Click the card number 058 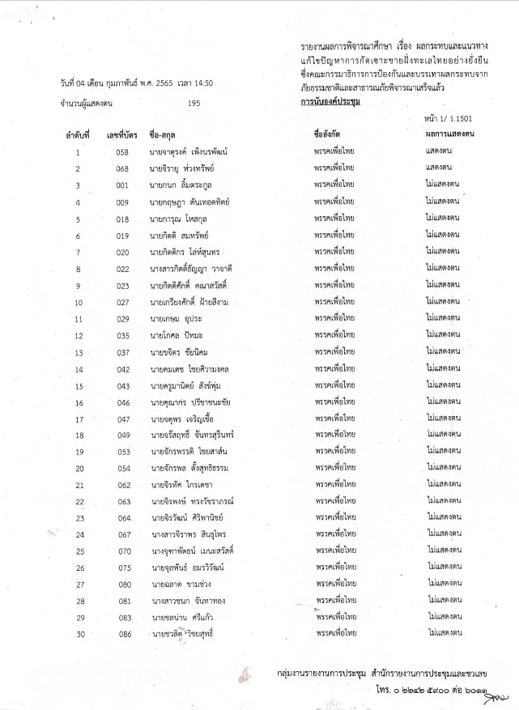click(x=122, y=151)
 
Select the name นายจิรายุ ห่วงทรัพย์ click(x=185, y=168)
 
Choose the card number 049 click(x=122, y=436)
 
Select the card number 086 click(x=122, y=634)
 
